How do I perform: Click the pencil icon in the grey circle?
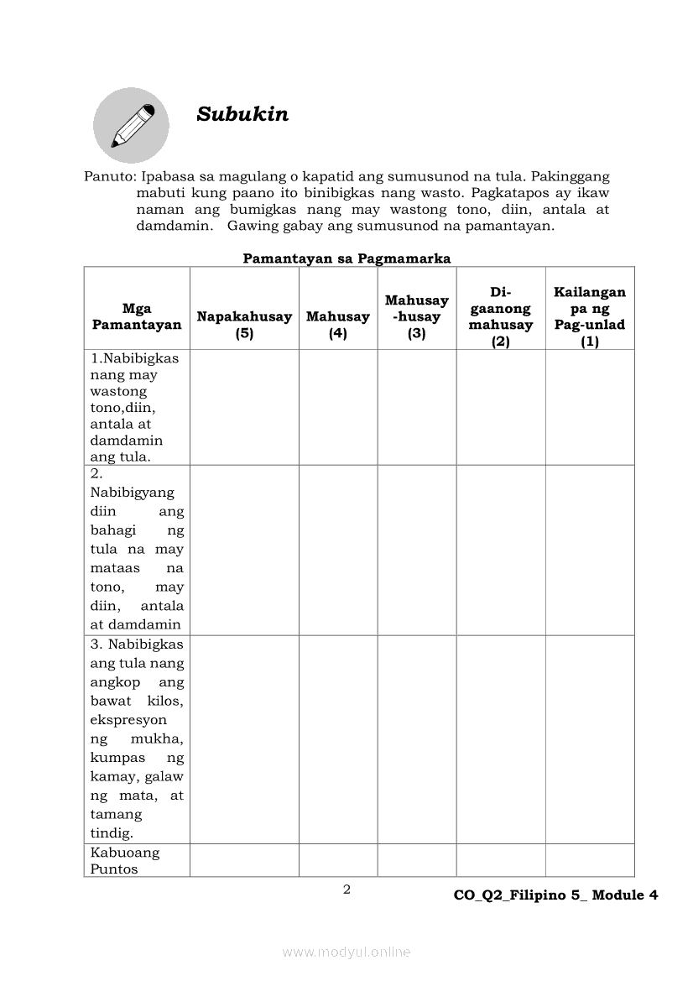pos(132,125)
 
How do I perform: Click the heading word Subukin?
pos(242,115)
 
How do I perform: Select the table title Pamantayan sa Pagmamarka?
pos(346,258)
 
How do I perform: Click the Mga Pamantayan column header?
pos(137,316)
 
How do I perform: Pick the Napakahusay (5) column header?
pos(244,325)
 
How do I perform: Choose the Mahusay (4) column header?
pos(337,325)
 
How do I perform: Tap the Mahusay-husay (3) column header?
pos(417,316)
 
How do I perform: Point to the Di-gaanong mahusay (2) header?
pos(501,316)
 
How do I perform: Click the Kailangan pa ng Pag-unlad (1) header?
pos(590,316)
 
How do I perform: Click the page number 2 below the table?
pos(346,890)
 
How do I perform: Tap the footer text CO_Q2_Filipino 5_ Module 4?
pos(555,895)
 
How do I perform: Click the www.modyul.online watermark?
pos(346,952)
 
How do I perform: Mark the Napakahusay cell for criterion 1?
pos(244,407)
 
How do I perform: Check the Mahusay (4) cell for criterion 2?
pos(337,550)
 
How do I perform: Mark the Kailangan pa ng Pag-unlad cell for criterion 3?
pos(590,738)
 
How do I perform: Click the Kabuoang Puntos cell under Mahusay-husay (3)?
pos(417,860)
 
